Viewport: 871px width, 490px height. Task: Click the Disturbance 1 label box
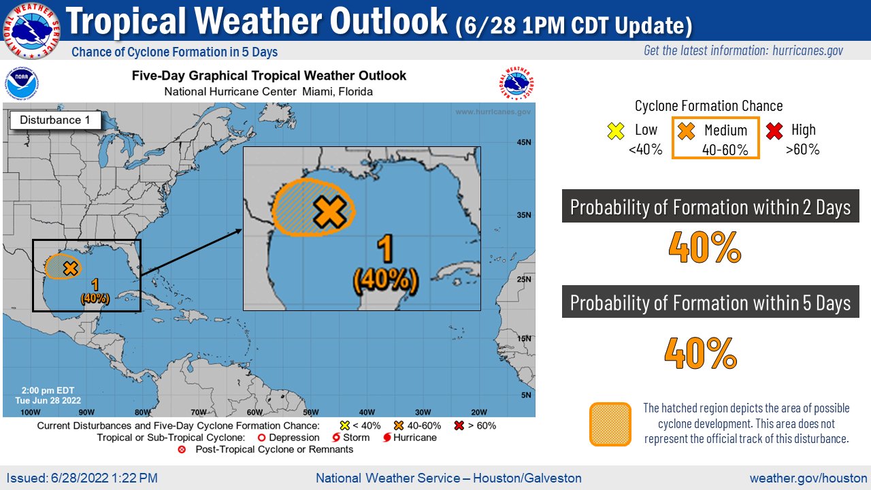click(55, 120)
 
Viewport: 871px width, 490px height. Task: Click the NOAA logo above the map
click(22, 84)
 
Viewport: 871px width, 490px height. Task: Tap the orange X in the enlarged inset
click(329, 212)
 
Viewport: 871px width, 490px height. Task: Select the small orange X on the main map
click(69, 268)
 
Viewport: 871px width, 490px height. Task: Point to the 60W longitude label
click(254, 412)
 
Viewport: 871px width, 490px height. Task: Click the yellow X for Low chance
click(616, 131)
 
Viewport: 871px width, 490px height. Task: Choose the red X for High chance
click(774, 131)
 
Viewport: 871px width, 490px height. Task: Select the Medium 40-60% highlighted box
click(715, 138)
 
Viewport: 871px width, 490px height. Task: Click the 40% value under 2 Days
click(704, 248)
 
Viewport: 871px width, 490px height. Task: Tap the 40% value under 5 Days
click(701, 353)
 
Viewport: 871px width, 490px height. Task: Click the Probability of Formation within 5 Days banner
click(710, 302)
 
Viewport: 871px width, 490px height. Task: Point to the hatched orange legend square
click(610, 423)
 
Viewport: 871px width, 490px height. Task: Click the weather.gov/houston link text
click(808, 478)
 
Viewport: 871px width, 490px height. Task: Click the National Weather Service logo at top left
click(31, 30)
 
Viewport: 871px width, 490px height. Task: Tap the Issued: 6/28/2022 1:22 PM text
click(82, 478)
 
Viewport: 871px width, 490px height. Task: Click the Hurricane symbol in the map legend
click(387, 438)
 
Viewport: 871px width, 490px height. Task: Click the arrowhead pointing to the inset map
click(239, 231)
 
